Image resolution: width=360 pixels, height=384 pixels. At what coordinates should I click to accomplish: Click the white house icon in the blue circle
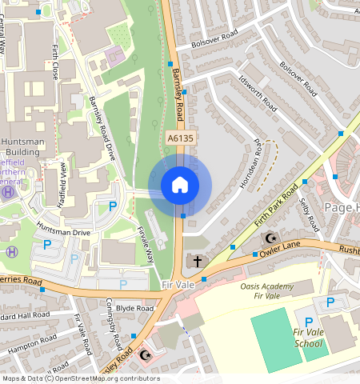[x=180, y=186]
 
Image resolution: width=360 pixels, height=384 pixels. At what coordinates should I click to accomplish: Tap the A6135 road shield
[x=181, y=139]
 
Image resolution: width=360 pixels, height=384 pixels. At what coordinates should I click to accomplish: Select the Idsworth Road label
[x=258, y=94]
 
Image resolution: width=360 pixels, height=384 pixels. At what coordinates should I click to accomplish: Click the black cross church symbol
[x=194, y=262]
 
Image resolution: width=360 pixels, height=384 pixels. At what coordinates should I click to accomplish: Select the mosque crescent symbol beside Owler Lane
[x=270, y=238]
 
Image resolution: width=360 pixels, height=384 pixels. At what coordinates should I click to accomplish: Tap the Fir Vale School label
[x=308, y=338]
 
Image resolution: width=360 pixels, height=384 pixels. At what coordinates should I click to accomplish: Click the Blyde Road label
[x=134, y=308]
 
